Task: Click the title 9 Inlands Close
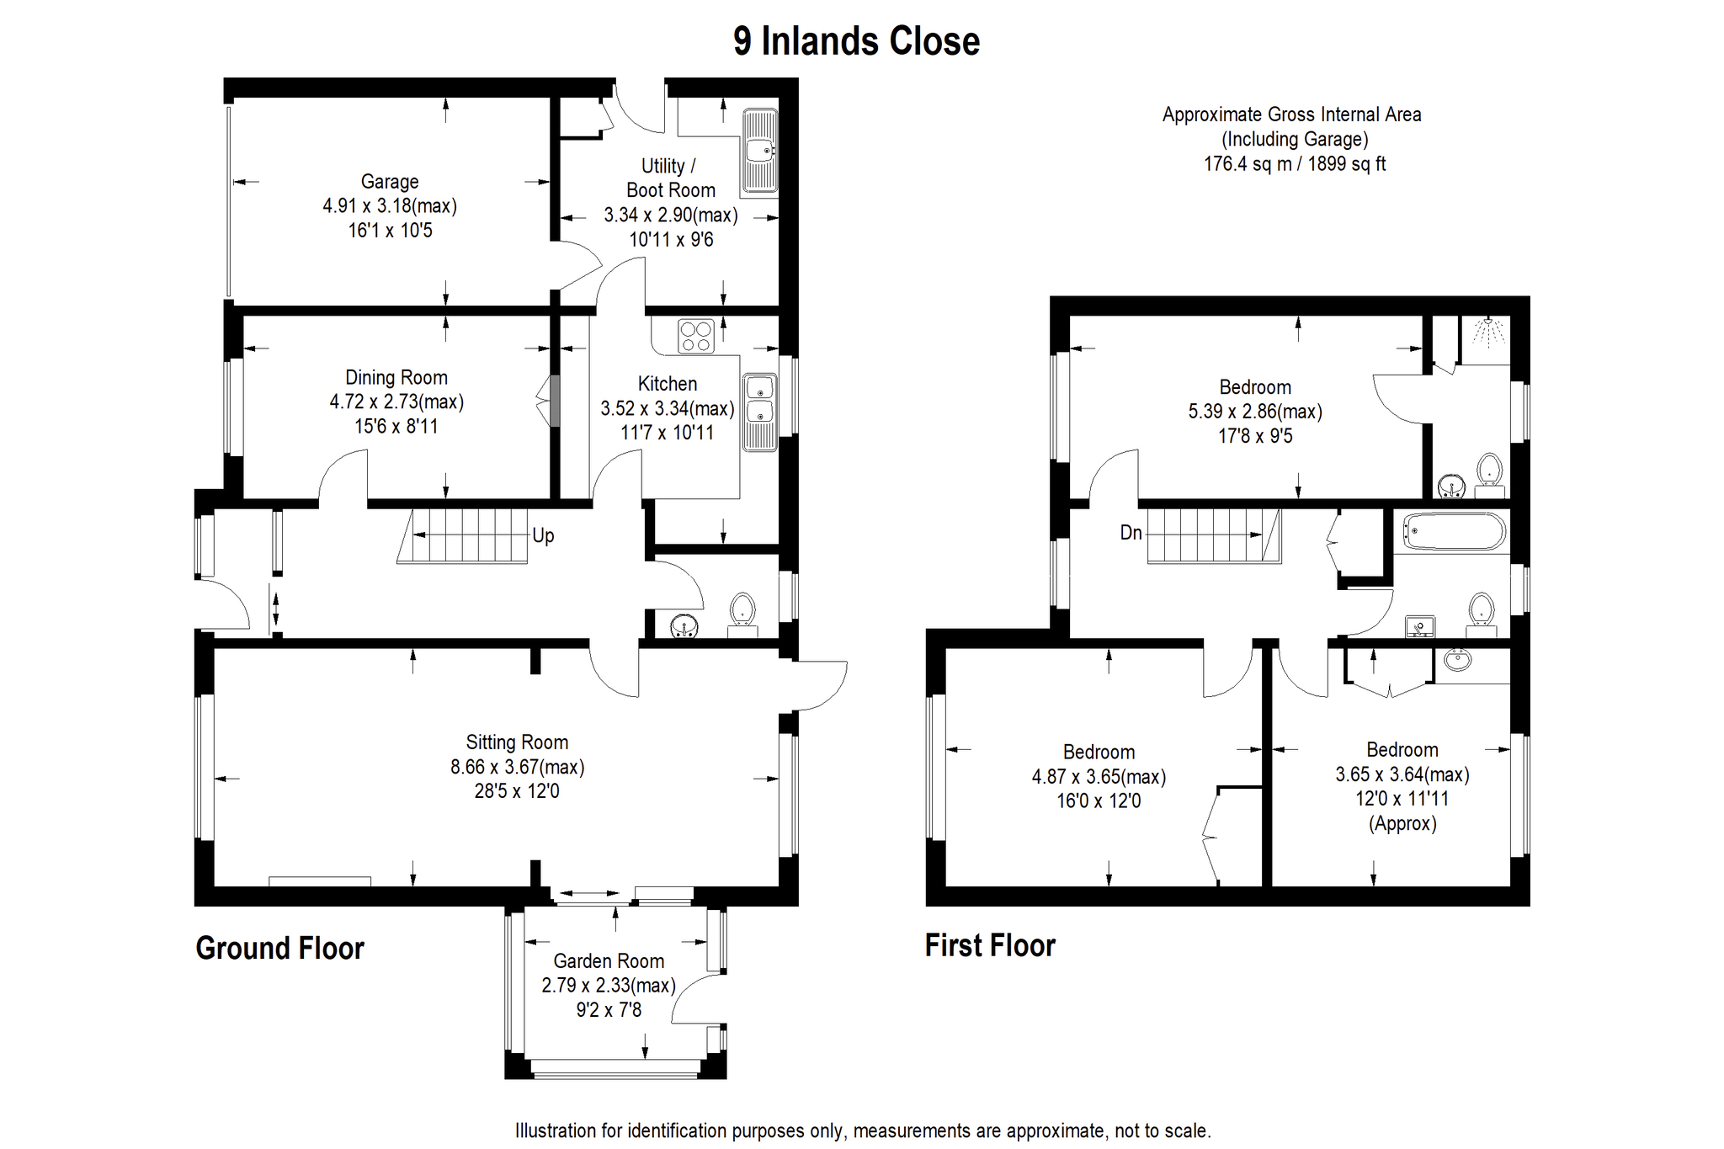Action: (856, 41)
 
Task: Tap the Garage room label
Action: (390, 182)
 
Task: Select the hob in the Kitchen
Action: (696, 336)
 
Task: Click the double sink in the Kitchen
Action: (759, 412)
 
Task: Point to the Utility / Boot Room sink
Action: (759, 151)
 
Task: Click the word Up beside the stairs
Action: (543, 536)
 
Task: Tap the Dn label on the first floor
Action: (1131, 533)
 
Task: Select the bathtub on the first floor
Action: (1454, 532)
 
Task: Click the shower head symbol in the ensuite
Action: (1488, 331)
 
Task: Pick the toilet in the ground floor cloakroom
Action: (742, 615)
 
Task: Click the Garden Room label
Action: (609, 961)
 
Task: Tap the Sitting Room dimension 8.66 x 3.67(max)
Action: (517, 767)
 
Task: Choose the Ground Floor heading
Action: (279, 949)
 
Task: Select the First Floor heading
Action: (990, 945)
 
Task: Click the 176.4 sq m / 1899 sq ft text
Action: (1295, 164)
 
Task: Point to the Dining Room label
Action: (396, 378)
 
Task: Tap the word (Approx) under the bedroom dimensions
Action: (1402, 823)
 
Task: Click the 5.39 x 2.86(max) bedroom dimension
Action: (1255, 412)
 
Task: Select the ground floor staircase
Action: (462, 535)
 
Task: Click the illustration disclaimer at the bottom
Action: (863, 1130)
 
